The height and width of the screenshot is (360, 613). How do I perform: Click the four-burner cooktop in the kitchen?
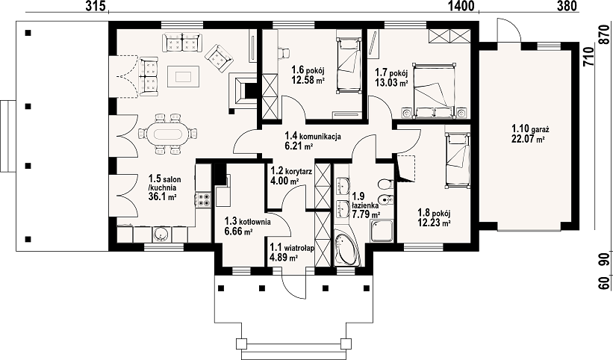tap(203, 199)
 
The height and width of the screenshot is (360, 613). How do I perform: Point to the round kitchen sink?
tap(161, 234)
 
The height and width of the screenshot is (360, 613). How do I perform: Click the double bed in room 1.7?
tap(435, 90)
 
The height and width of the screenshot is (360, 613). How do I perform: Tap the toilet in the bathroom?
tap(385, 183)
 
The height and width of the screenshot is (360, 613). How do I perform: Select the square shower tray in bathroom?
tap(382, 232)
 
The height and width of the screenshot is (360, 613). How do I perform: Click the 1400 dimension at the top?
tap(461, 6)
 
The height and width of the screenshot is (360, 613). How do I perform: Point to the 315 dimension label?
tap(96, 6)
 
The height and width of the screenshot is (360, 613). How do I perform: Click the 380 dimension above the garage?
tap(567, 6)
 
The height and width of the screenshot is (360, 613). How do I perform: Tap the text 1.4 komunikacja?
tap(313, 137)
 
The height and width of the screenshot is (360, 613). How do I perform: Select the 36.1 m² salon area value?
tap(162, 196)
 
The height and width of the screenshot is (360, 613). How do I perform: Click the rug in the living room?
tap(184, 77)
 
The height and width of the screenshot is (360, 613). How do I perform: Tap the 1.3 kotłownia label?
tap(247, 222)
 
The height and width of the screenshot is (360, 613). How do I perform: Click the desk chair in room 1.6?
tap(283, 53)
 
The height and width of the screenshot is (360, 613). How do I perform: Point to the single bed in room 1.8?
tap(457, 160)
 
